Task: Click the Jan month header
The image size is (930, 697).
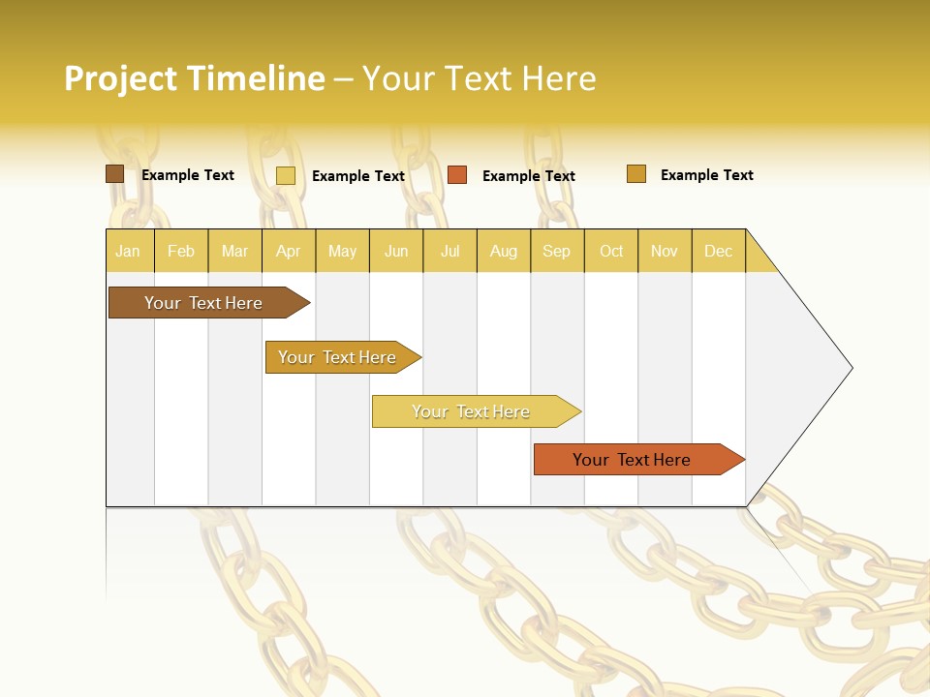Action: [x=128, y=251]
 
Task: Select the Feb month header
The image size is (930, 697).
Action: [x=181, y=251]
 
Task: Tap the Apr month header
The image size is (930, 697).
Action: [x=288, y=251]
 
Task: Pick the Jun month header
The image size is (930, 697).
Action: [x=396, y=251]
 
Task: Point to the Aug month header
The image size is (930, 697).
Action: [x=503, y=251]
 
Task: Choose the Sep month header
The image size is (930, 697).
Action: [x=556, y=251]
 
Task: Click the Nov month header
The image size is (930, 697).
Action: [x=664, y=251]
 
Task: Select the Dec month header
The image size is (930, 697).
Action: [x=718, y=251]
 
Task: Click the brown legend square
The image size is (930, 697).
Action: [x=115, y=174]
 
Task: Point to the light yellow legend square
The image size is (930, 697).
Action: [x=286, y=175]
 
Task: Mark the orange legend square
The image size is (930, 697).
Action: [x=457, y=175]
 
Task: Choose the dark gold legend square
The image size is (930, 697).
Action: [x=636, y=174]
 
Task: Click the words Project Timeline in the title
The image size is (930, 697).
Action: [x=194, y=78]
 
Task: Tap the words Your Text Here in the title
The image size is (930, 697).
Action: [x=479, y=78]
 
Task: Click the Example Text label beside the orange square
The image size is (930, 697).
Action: [x=528, y=176]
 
